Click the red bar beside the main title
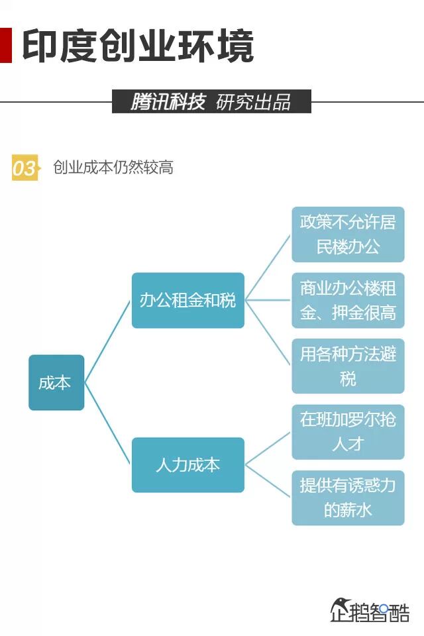coord(5,46)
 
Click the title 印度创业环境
coord(138,46)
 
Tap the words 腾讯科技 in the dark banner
coord(167,102)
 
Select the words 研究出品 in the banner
coord(253,102)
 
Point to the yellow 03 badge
coord(24,168)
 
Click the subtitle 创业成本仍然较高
coord(113,168)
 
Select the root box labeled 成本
coord(56,382)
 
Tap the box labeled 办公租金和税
coord(187,300)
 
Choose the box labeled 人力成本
coord(187,464)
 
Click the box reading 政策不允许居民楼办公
coord(348,235)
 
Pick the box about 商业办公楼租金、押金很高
coord(348,300)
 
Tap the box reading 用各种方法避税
coord(348,366)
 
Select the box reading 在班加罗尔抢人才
coord(348,431)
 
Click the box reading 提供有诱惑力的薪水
coord(348,498)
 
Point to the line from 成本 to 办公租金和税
coord(107,341)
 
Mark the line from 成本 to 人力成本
coord(107,424)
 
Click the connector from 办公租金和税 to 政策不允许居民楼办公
coord(268,268)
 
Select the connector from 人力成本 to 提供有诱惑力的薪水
coord(268,480)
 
